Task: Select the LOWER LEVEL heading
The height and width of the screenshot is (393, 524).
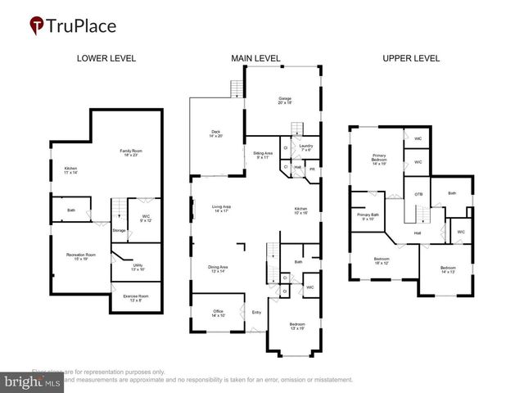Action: point(106,58)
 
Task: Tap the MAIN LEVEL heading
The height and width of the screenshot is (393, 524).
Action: point(256,58)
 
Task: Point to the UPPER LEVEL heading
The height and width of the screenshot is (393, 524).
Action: point(411,58)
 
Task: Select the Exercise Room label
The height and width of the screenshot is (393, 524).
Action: point(136,297)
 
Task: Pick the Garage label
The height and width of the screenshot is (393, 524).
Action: point(284,100)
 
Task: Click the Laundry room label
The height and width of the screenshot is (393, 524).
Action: point(306,147)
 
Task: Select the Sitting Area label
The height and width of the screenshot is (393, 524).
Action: point(262,155)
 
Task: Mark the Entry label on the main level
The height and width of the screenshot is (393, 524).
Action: point(257,312)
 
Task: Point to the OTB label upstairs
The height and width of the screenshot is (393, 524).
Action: point(418,194)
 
